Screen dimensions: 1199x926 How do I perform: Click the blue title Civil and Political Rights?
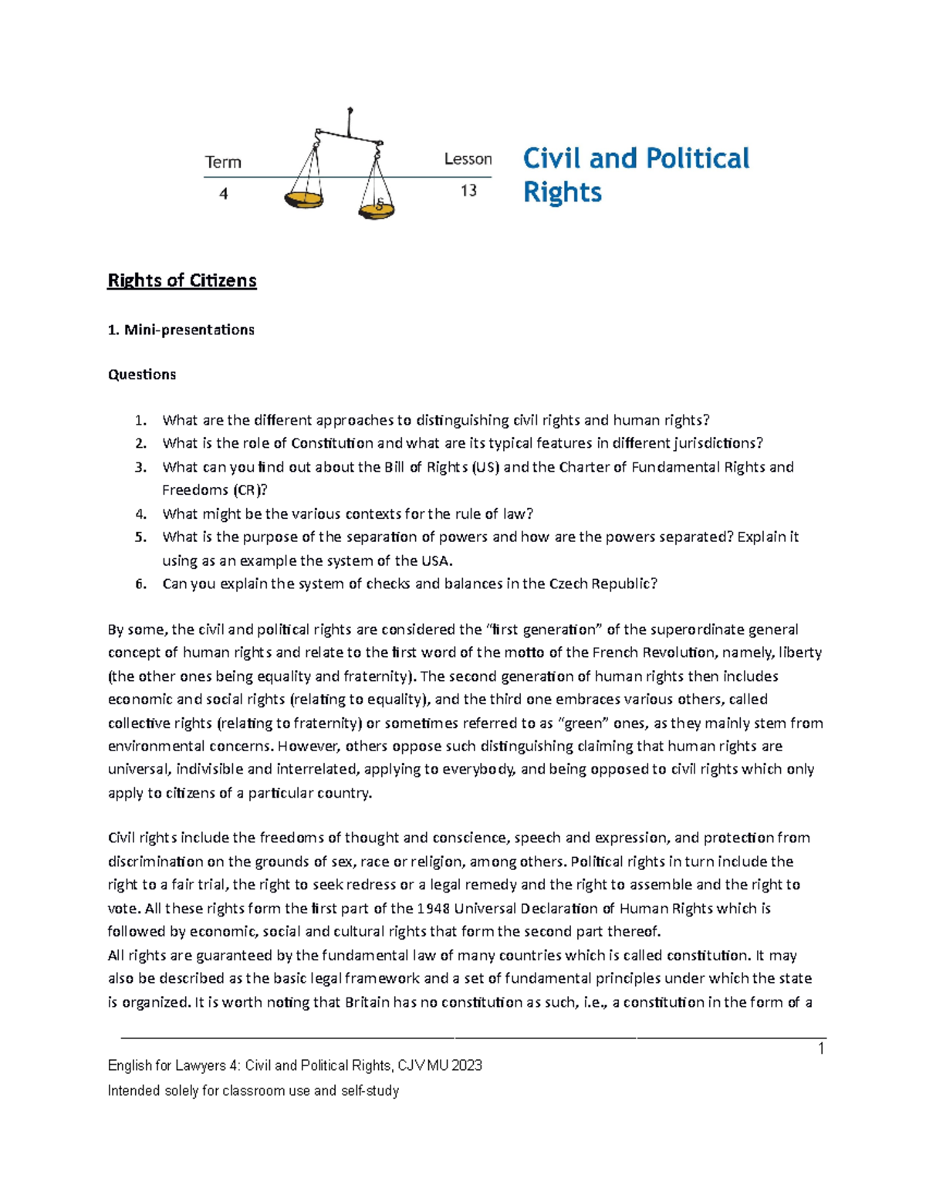click(636, 174)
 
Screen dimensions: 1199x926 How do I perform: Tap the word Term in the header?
click(223, 162)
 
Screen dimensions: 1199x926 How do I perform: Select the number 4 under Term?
click(224, 194)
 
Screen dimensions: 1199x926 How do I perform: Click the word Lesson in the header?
click(468, 159)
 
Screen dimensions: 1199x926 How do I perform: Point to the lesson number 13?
click(468, 191)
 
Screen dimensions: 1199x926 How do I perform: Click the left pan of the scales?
click(303, 200)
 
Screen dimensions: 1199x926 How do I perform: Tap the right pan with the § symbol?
click(377, 207)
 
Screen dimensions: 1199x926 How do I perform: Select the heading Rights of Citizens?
click(182, 280)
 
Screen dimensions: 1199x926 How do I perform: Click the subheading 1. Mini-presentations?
click(181, 330)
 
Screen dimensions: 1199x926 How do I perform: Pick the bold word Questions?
click(142, 374)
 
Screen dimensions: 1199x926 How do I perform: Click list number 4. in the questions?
click(140, 514)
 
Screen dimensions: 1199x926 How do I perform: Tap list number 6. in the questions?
click(140, 584)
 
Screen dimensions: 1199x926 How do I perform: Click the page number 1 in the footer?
click(821, 1048)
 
